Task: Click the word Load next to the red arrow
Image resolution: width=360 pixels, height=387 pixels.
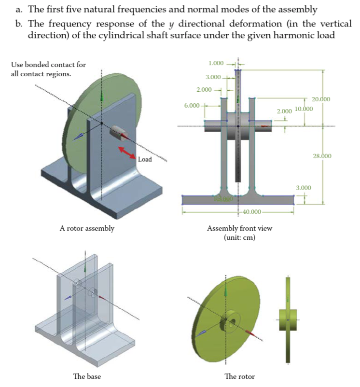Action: (144, 159)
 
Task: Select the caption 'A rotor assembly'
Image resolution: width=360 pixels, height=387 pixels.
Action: (87, 228)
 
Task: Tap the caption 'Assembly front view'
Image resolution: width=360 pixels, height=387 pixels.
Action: (239, 228)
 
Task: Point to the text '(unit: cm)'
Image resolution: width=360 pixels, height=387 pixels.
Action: (239, 237)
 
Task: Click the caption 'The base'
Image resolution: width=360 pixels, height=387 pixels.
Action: (87, 376)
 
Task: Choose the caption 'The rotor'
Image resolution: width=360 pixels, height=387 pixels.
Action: (239, 376)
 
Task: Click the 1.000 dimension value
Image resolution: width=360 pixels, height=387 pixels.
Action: (216, 63)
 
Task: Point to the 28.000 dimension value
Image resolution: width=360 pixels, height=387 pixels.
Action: (322, 156)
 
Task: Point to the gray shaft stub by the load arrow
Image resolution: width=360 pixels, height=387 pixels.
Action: (118, 132)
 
